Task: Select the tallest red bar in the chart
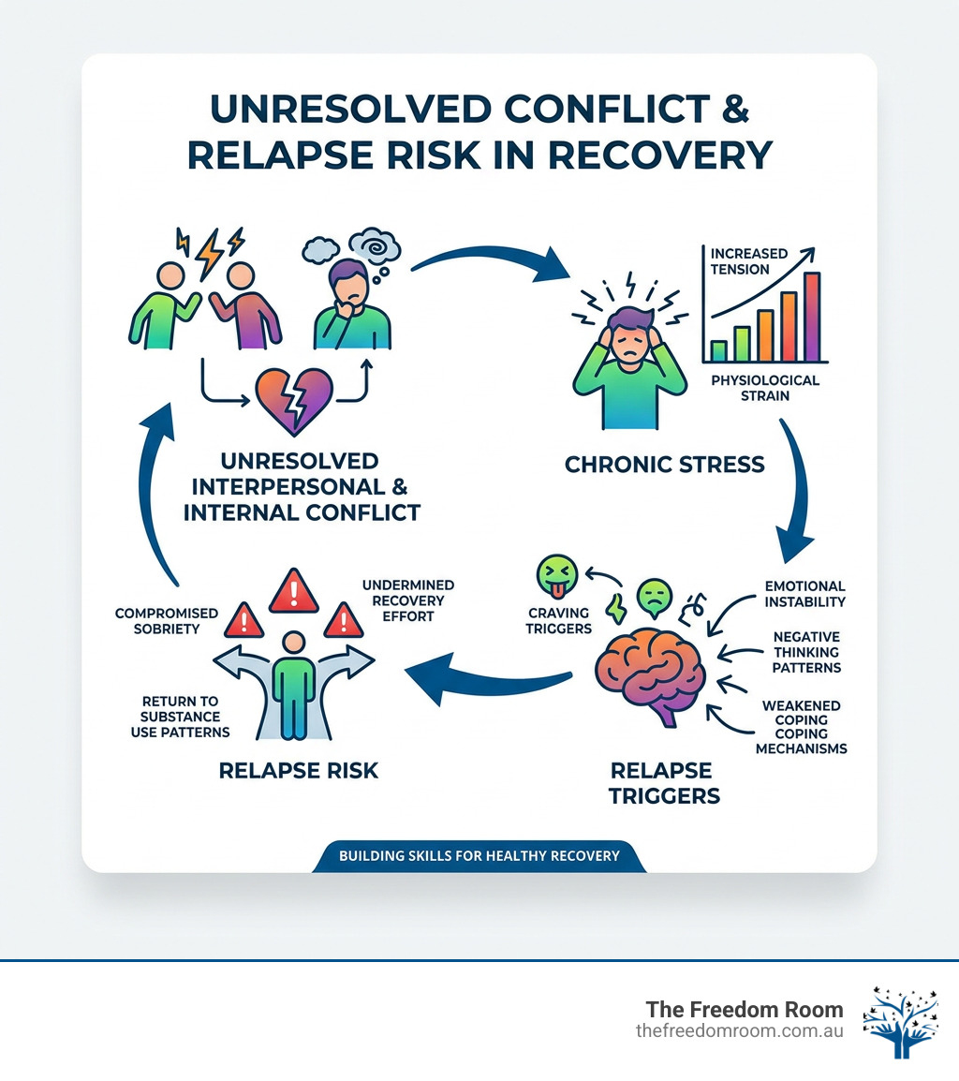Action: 811,317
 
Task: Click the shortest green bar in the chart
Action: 719,351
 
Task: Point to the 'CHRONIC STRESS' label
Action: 665,464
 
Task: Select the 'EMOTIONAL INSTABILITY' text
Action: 804,594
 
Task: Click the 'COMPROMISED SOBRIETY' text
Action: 166,621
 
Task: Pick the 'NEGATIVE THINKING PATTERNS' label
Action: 806,652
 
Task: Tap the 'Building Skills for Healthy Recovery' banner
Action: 479,855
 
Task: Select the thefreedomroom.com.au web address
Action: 739,1030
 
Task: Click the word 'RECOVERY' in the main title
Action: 681,155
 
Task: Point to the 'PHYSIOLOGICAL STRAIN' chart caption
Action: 765,388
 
